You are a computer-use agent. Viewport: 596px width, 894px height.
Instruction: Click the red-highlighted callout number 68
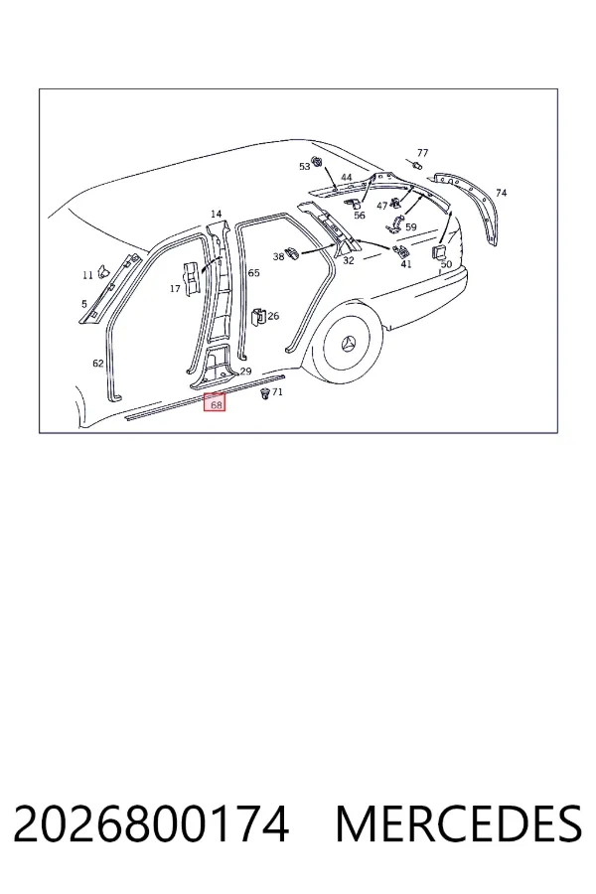point(217,405)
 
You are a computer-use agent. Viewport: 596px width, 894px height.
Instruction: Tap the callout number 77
point(422,153)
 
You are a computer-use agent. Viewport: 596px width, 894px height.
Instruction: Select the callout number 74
point(501,193)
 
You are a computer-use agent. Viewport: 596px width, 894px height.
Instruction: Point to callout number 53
point(305,166)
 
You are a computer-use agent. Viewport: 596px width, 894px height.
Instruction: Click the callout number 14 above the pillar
point(216,214)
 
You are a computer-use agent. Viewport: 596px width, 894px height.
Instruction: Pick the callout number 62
point(98,363)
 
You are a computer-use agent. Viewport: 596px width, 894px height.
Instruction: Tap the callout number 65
point(254,272)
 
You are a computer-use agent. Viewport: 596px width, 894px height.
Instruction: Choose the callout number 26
point(274,316)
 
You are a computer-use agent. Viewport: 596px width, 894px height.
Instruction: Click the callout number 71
point(277,391)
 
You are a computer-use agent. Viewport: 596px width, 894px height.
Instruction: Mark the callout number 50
point(446,264)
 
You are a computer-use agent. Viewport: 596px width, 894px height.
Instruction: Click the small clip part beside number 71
point(264,393)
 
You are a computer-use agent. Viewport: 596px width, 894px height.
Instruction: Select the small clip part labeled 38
point(293,252)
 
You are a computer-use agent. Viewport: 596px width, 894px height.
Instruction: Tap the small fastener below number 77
point(417,165)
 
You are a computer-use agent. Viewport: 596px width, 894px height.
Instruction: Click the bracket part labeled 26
point(258,317)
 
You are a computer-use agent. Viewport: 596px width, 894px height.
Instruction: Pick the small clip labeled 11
point(103,271)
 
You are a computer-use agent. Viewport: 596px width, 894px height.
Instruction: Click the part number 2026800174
point(151,823)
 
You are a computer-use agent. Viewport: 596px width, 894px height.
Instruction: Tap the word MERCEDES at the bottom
point(460,823)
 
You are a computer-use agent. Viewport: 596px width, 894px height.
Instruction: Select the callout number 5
point(84,305)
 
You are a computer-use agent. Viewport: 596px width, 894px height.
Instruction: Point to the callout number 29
point(245,372)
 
